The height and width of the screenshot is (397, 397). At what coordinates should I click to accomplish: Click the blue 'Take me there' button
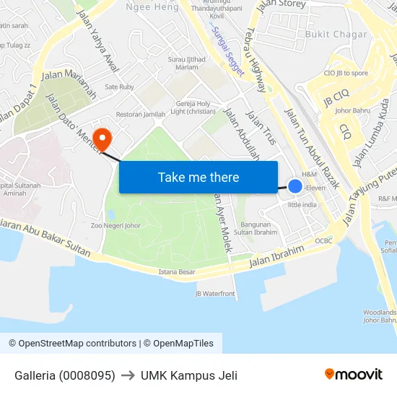[x=198, y=177]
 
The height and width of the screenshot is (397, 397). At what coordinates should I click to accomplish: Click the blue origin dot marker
[x=295, y=186]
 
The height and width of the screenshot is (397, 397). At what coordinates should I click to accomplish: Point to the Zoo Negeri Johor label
[x=115, y=225]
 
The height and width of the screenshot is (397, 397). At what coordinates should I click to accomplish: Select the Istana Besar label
[x=177, y=272]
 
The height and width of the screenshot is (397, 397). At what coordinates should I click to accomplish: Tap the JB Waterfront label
[x=215, y=294]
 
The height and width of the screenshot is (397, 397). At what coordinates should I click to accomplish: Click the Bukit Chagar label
[x=336, y=34]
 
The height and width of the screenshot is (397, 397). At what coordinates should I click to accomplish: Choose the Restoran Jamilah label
[x=141, y=114]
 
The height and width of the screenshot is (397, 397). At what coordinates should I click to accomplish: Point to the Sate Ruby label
[x=120, y=87]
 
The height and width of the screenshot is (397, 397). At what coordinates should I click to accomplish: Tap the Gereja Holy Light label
[x=193, y=108]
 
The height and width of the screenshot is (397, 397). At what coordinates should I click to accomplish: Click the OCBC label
[x=323, y=240]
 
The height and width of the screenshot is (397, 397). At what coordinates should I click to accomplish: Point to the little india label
[x=302, y=204]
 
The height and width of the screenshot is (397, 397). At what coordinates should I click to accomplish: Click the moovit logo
[x=354, y=374]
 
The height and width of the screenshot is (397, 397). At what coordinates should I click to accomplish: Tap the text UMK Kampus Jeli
[x=189, y=375]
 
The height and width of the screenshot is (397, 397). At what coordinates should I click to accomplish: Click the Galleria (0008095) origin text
[x=65, y=375]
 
